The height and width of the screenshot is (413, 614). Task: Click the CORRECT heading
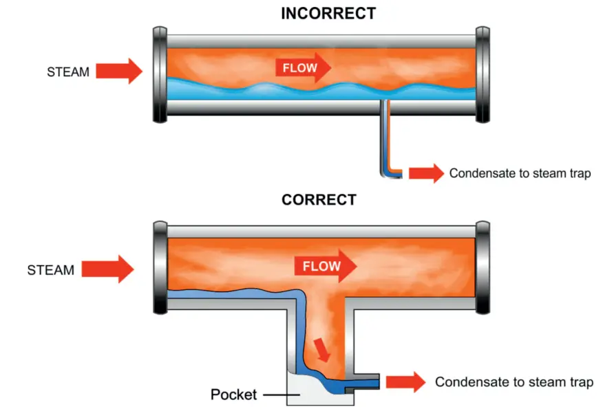click(x=319, y=201)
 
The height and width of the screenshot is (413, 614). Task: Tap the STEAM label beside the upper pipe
click(x=68, y=71)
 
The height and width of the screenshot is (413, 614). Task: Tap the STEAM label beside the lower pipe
click(x=50, y=270)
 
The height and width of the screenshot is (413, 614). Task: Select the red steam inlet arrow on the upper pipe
click(x=119, y=71)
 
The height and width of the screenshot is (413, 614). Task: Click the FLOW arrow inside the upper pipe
click(x=304, y=67)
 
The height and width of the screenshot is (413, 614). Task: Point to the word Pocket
click(x=233, y=394)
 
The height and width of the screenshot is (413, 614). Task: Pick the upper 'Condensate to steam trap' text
click(x=520, y=174)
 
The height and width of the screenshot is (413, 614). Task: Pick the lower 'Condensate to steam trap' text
click(x=514, y=382)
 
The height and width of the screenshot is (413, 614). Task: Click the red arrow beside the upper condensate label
click(x=426, y=174)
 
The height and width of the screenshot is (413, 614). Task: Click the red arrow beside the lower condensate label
click(x=406, y=382)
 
